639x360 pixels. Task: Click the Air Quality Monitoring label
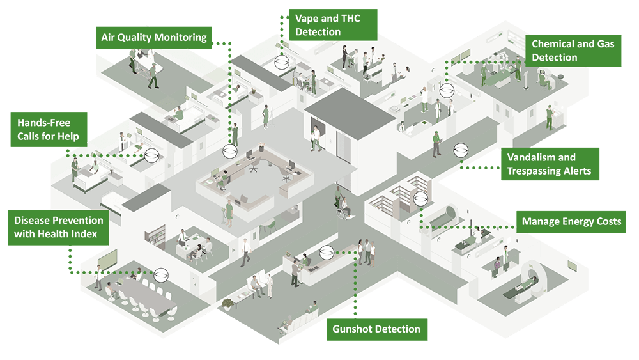[154, 37]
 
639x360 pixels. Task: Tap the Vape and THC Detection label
[332, 24]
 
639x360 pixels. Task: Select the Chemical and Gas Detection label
[573, 51]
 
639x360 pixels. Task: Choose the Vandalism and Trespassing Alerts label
[550, 164]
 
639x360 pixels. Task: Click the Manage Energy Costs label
[571, 222]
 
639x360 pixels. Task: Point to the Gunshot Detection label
[376, 329]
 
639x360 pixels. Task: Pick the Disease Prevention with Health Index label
[58, 227]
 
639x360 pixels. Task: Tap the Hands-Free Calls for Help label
[49, 129]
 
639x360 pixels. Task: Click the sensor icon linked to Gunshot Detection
[327, 253]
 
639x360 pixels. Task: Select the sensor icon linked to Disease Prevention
[161, 272]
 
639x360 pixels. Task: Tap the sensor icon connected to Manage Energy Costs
[419, 198]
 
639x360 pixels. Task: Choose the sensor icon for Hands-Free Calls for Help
[151, 155]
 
